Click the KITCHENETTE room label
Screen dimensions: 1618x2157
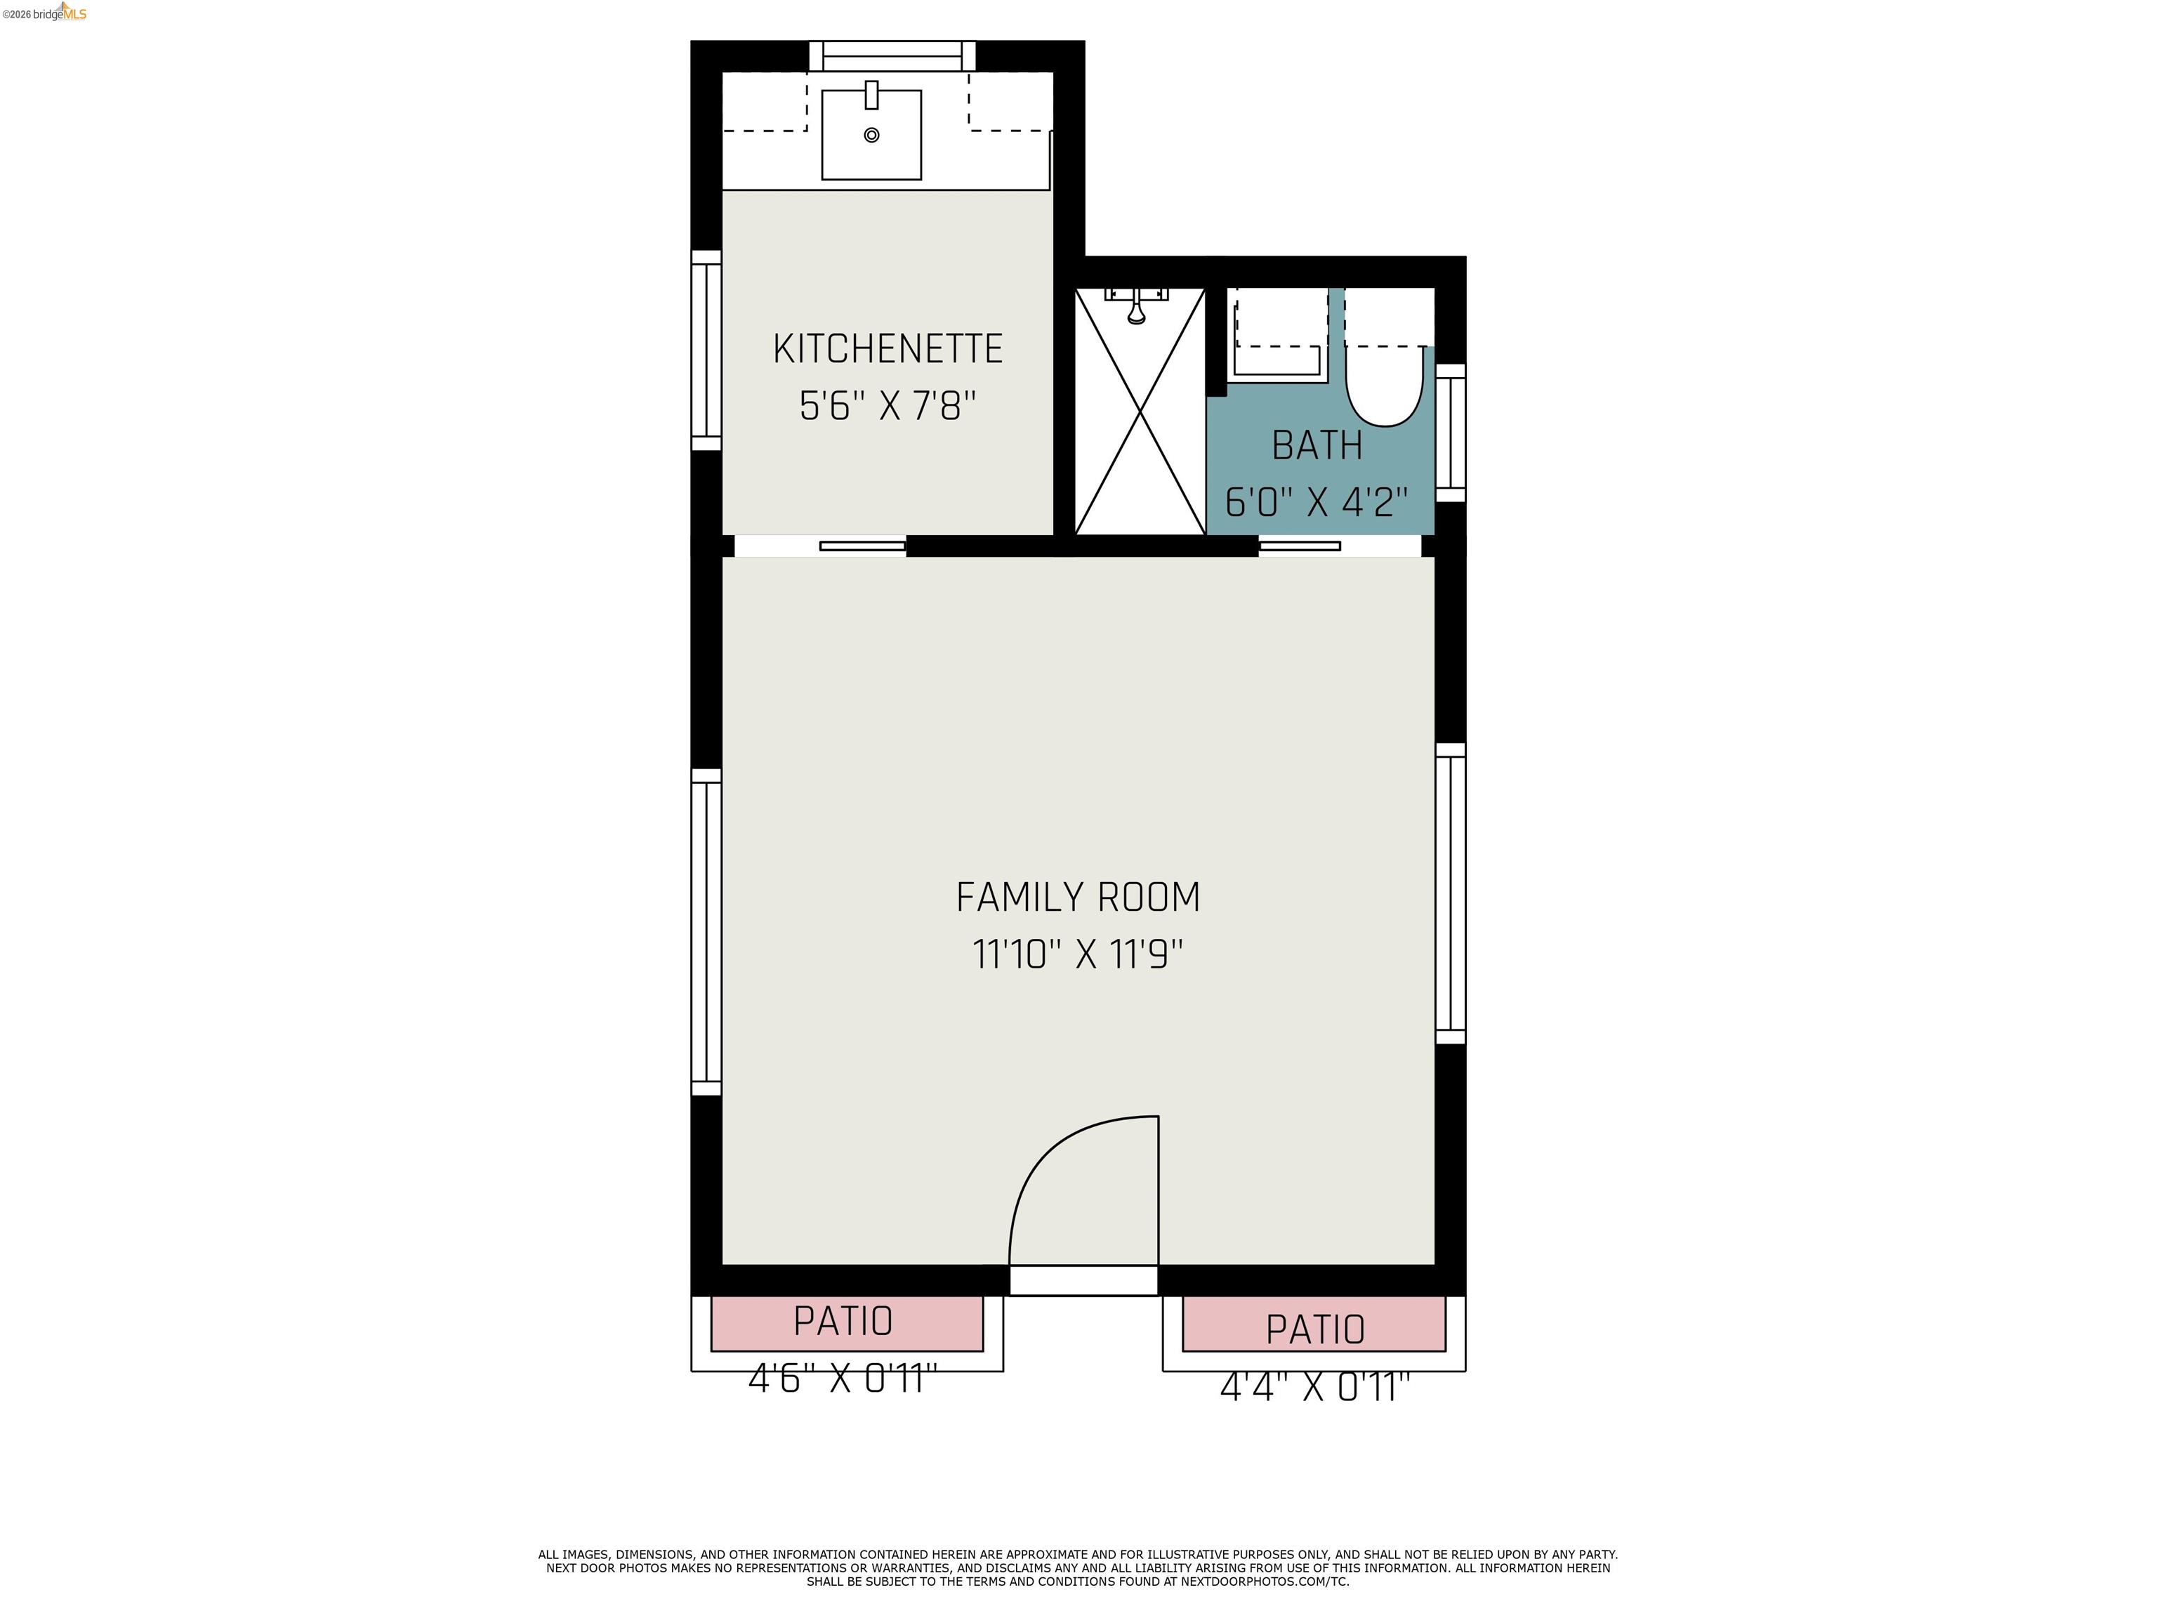(x=888, y=349)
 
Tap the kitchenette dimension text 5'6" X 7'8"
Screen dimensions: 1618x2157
(x=888, y=406)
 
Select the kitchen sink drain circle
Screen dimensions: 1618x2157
(x=872, y=136)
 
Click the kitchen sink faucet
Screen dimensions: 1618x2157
(x=872, y=96)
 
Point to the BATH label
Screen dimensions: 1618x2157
(x=1317, y=446)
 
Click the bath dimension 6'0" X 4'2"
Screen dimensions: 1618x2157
(x=1317, y=502)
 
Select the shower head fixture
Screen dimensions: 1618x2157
(x=1136, y=307)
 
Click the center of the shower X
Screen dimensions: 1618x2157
(x=1140, y=412)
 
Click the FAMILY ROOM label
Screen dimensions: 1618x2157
(x=1078, y=897)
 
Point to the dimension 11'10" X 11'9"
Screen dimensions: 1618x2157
(x=1078, y=954)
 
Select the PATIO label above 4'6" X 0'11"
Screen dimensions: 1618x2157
(x=843, y=1322)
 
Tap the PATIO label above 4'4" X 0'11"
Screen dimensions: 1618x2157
(x=1314, y=1329)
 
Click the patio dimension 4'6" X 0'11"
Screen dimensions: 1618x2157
(x=843, y=1379)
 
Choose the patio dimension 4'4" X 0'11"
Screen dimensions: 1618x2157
(x=1314, y=1387)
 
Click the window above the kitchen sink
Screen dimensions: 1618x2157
(x=892, y=55)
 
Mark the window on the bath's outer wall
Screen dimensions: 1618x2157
(x=1450, y=433)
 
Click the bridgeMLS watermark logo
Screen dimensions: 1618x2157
(x=45, y=13)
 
